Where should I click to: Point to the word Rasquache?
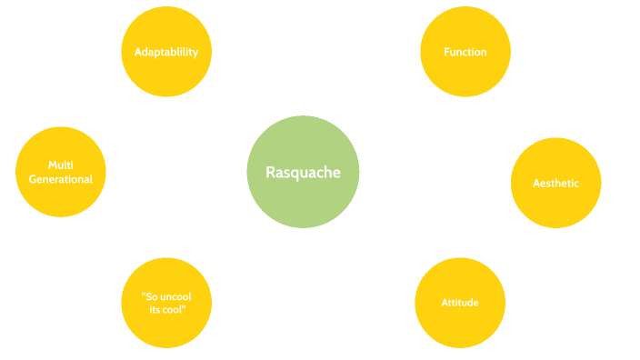tap(304, 172)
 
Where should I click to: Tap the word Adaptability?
tap(166, 52)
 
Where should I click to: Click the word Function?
tap(465, 52)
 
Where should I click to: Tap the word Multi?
tap(61, 165)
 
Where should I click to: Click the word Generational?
tap(61, 179)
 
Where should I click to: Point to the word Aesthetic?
tap(556, 183)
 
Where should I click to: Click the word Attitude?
tap(460, 302)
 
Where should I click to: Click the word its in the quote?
tap(156, 310)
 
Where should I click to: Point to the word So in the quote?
tap(151, 295)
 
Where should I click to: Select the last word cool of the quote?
tap(175, 310)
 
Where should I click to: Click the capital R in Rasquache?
tap(270, 172)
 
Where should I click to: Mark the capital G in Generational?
tap(33, 179)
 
